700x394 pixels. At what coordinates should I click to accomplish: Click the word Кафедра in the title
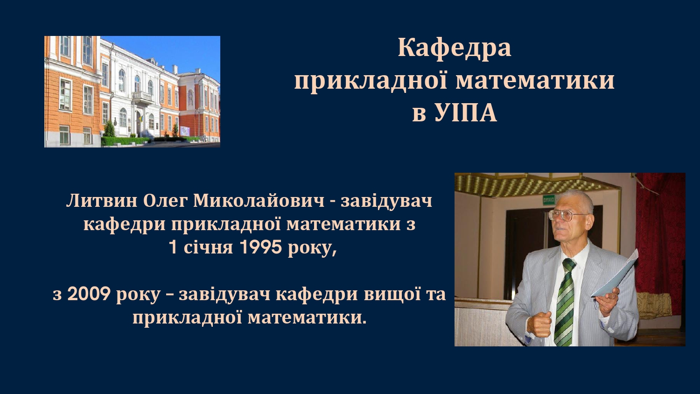[x=455, y=48]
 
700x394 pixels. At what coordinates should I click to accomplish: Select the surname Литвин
[x=102, y=201]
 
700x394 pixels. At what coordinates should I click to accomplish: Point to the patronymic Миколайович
[x=259, y=201]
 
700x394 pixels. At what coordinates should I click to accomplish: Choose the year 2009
[x=89, y=294]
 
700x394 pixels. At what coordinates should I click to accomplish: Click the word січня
[x=208, y=248]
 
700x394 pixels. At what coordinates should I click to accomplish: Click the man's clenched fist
[x=540, y=324]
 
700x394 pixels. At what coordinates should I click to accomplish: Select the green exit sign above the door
[x=549, y=199]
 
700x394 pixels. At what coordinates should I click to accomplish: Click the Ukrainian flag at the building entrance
[x=141, y=119]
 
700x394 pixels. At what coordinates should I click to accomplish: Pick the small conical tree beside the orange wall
[x=109, y=129]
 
